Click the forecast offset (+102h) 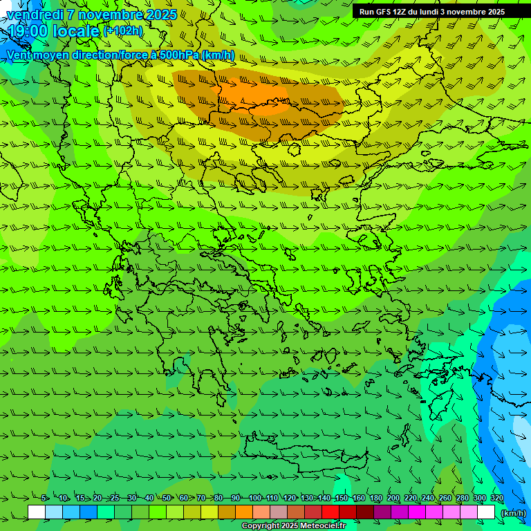pos(122,31)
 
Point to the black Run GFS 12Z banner pos(431,12)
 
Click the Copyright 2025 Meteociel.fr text pos(293,526)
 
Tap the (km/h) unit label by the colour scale pos(513,513)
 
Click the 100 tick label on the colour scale pos(254,499)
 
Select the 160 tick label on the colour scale pos(358,499)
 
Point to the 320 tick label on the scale pos(496,499)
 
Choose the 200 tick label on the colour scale pos(393,499)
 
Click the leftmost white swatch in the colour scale pos(37,512)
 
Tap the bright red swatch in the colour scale pos(330,512)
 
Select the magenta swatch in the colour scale pos(417,512)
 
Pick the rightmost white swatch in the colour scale pos(486,512)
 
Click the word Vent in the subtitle pos(21,55)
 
